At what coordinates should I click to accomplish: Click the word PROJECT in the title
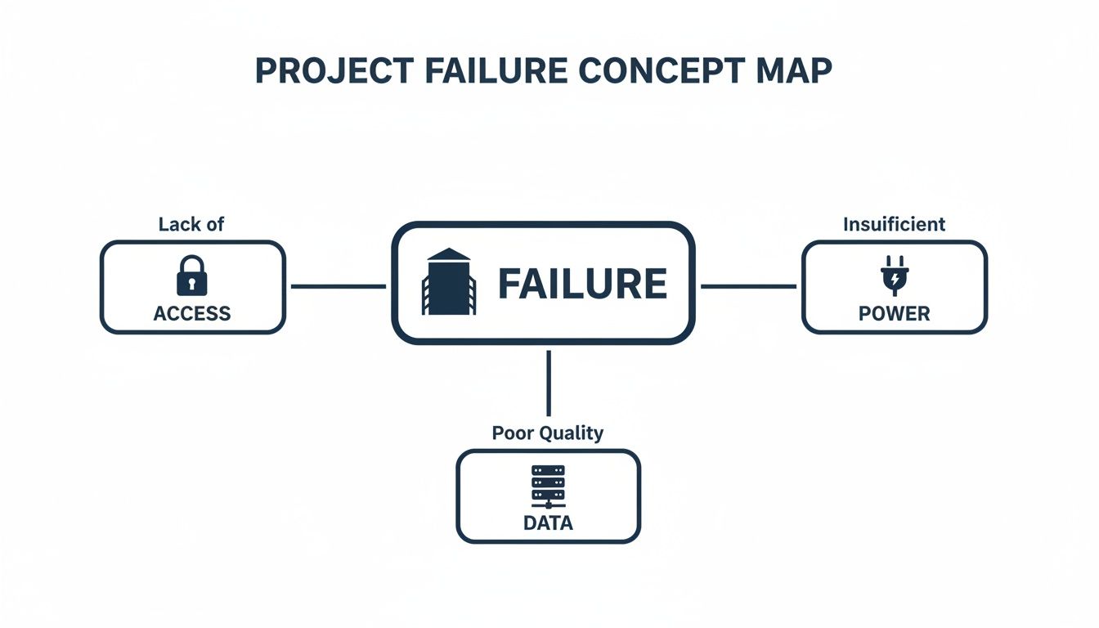[x=334, y=71]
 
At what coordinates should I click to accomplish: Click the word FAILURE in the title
[x=496, y=71]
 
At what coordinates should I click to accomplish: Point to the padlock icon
[x=192, y=276]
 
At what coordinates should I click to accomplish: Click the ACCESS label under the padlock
[x=192, y=313]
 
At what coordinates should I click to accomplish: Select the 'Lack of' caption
[x=191, y=224]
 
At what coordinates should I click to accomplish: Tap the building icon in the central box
[x=449, y=282]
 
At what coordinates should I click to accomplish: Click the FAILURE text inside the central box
[x=582, y=284]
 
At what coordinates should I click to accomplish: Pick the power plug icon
[x=894, y=276]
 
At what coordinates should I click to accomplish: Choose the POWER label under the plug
[x=894, y=314]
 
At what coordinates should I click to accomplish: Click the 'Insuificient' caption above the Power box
[x=894, y=224]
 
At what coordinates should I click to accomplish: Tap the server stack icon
[x=548, y=488]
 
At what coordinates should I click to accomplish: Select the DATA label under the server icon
[x=548, y=523]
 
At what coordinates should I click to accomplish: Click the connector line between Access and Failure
[x=339, y=286]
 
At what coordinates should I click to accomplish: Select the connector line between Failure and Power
[x=748, y=286]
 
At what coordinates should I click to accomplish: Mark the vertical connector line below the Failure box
[x=548, y=383]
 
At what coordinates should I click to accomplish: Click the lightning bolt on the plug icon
[x=895, y=280]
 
